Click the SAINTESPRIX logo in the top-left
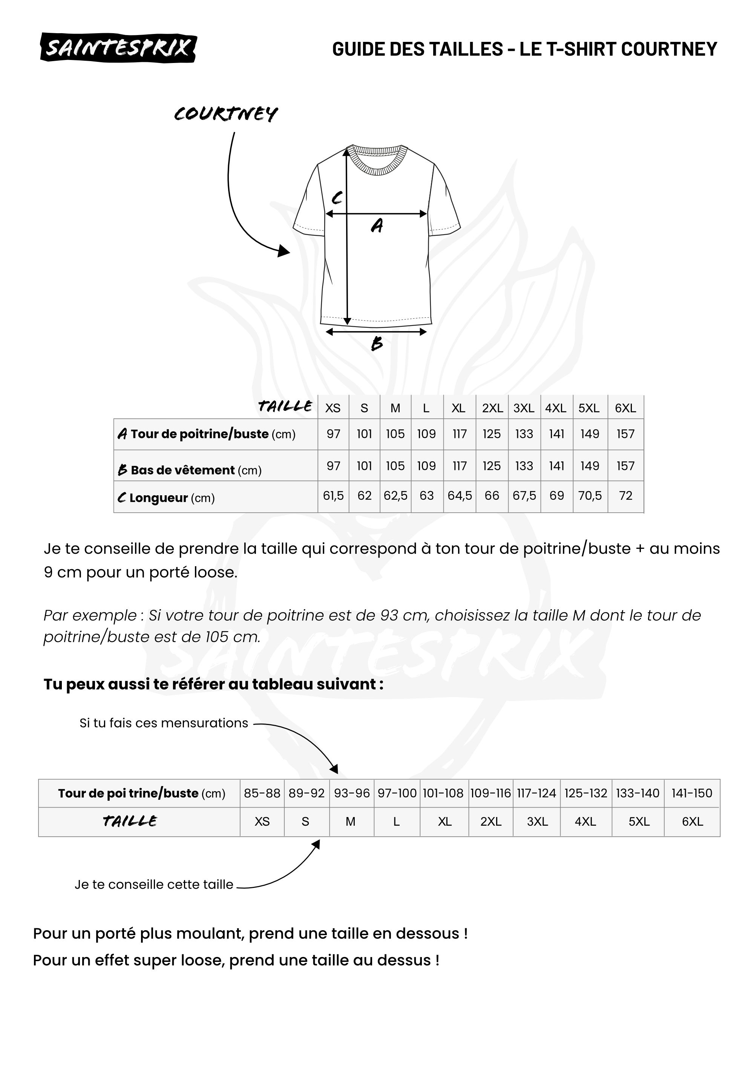(x=118, y=48)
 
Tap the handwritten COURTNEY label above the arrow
(x=226, y=114)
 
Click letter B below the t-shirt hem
(x=377, y=344)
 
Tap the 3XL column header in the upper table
(x=524, y=408)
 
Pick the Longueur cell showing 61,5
(x=333, y=496)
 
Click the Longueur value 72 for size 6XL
(x=625, y=496)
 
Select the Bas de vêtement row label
(x=189, y=470)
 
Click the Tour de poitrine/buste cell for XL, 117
(x=459, y=434)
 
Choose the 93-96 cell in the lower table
(x=351, y=793)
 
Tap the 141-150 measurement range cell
(x=691, y=793)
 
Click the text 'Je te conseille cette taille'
(x=154, y=885)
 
